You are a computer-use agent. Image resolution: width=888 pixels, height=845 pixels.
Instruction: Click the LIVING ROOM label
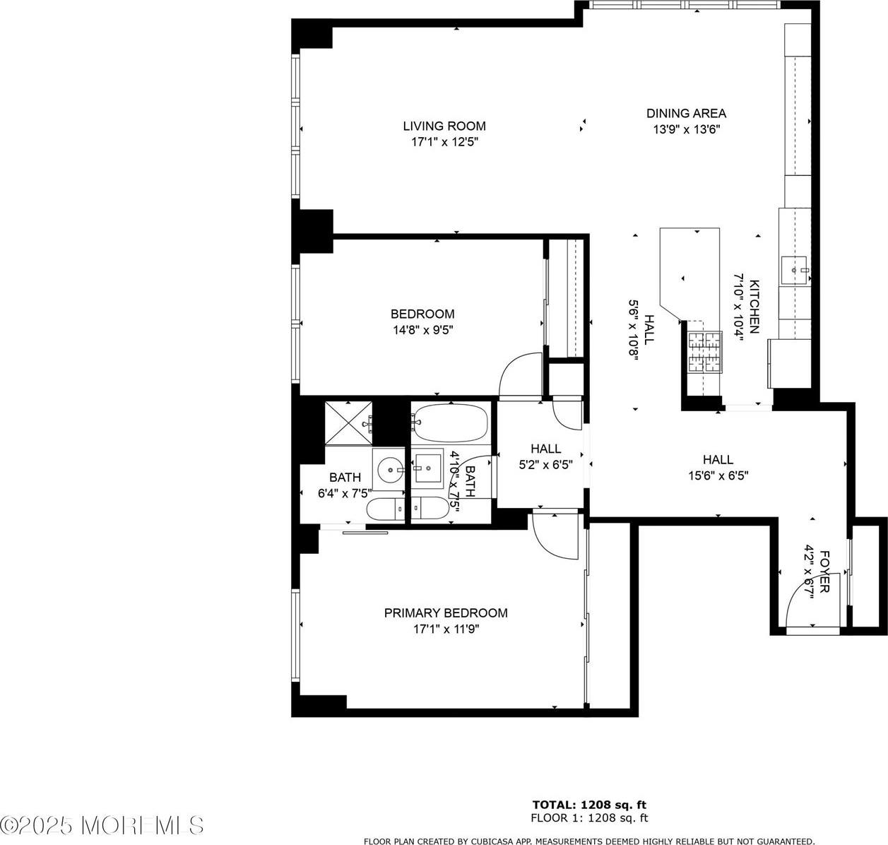pyautogui.click(x=444, y=126)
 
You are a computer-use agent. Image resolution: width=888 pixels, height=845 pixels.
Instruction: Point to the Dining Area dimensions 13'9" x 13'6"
pyautogui.click(x=686, y=129)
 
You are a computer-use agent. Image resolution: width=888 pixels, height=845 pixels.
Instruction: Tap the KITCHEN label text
pyautogui.click(x=754, y=307)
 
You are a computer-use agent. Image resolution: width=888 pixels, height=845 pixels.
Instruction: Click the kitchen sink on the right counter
pyautogui.click(x=795, y=270)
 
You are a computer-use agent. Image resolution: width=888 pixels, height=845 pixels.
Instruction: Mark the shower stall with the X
pyautogui.click(x=348, y=423)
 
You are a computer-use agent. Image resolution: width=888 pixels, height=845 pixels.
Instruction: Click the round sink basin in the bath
pyautogui.click(x=389, y=468)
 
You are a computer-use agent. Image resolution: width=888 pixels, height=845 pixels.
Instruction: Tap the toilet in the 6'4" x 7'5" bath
pyautogui.click(x=385, y=509)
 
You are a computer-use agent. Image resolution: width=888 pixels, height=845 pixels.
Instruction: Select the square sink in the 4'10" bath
pyautogui.click(x=427, y=467)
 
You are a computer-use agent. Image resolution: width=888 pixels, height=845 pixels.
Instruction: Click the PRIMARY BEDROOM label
pyautogui.click(x=446, y=613)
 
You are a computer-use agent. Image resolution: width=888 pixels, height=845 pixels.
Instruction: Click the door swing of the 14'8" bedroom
pyautogui.click(x=518, y=374)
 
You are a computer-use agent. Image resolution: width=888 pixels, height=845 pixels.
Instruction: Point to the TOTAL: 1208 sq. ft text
pyautogui.click(x=589, y=804)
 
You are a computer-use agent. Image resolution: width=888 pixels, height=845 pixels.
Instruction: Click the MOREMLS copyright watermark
pyautogui.click(x=102, y=825)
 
